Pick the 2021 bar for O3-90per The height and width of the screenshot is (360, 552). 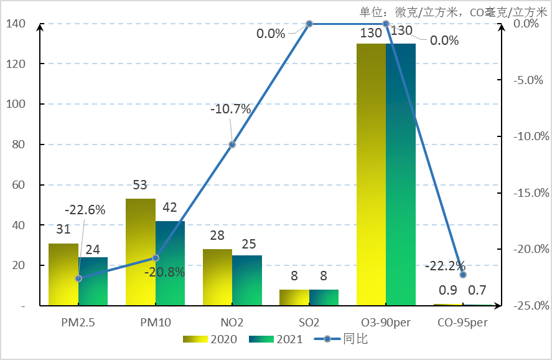[400, 174]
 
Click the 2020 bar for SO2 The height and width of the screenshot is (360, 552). [294, 298]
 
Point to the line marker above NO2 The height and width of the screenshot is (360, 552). [232, 144]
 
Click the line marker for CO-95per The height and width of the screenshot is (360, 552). [463, 275]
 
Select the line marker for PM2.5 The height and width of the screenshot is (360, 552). [78, 278]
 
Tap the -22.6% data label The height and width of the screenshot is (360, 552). [85, 210]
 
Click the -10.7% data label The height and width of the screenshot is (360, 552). [230, 110]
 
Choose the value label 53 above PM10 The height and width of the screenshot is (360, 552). [140, 186]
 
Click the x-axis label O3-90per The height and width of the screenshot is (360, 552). [386, 323]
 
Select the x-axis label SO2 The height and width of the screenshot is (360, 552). [309, 323]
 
